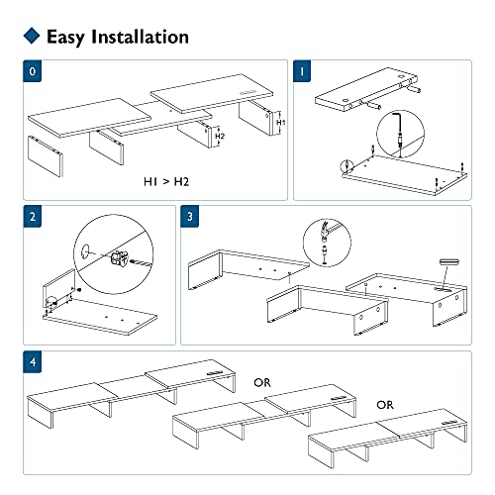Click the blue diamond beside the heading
32,36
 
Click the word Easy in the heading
66,38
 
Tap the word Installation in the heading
140,37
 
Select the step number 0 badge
33,71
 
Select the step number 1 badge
302,71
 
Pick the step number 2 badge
33,217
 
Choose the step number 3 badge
190,217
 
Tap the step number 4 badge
33,362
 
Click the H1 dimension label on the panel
281,123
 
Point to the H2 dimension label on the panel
220,136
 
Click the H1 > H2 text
166,181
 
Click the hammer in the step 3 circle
326,230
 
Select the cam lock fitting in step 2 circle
119,258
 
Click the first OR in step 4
262,383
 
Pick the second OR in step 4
385,405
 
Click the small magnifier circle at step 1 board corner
346,166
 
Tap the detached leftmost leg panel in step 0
46,155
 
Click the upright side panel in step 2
58,285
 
